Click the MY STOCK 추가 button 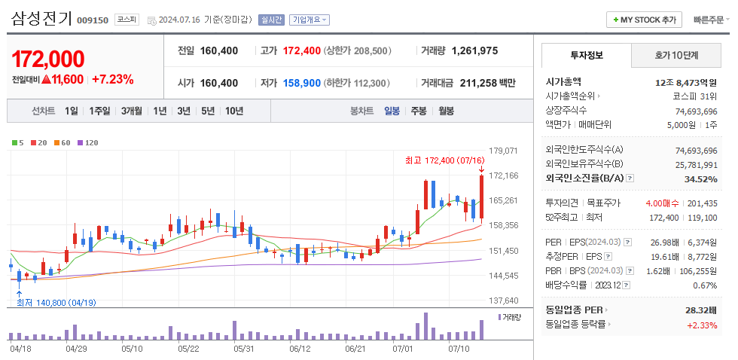click(645, 20)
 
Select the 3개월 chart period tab click(132, 111)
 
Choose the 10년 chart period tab click(234, 111)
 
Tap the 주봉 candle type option click(419, 111)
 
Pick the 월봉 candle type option click(446, 111)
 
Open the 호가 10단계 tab click(676, 55)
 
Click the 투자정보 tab click(587, 55)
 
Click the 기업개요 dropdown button click(310, 20)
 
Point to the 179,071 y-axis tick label click(503, 151)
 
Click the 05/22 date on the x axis click(188, 349)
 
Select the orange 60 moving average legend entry click(63, 142)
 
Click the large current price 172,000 click(48, 58)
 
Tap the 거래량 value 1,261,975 click(474, 50)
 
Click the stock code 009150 click(92, 20)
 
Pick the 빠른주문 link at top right click(711, 20)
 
